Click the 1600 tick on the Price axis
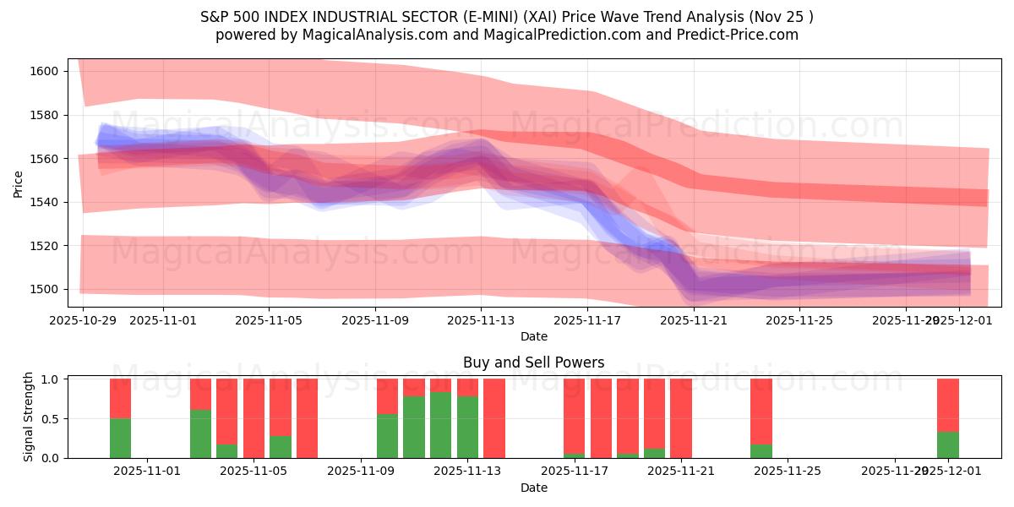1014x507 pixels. (x=46, y=71)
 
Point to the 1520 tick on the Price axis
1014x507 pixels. (x=46, y=246)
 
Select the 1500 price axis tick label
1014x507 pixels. (x=46, y=289)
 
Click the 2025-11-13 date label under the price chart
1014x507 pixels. (x=481, y=320)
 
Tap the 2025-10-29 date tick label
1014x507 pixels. (x=83, y=320)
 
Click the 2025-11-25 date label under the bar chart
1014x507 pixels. (x=788, y=472)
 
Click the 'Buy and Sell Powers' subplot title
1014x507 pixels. (x=533, y=363)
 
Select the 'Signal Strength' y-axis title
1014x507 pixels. (x=29, y=417)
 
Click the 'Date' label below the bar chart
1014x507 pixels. (x=533, y=488)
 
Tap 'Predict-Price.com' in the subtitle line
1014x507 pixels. (x=740, y=35)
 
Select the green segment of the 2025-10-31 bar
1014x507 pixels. (x=120, y=438)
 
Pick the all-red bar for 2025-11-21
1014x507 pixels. (x=681, y=418)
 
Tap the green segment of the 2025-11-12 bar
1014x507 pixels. (x=440, y=425)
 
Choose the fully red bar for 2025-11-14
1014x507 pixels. (x=494, y=418)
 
